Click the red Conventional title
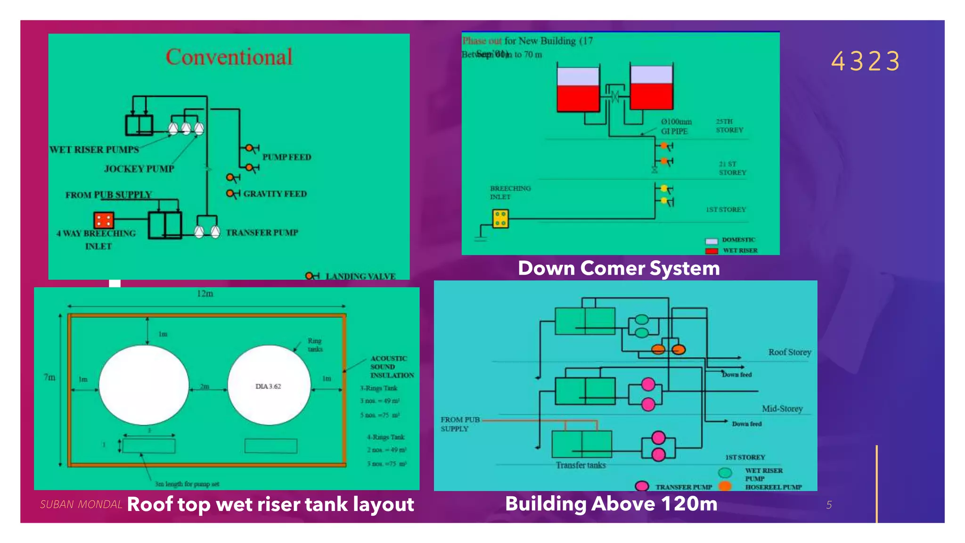(229, 57)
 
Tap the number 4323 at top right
(866, 62)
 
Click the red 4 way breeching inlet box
(104, 220)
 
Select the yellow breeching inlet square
(500, 219)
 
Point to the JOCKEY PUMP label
(139, 169)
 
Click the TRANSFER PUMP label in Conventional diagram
(262, 232)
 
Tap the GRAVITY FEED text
(275, 194)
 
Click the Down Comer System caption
(619, 268)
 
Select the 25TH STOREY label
(729, 125)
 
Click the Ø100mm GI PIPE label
(676, 126)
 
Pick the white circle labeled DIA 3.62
(269, 385)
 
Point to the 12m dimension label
(205, 294)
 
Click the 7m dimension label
(49, 377)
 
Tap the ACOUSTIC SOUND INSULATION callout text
(392, 367)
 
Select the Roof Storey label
(790, 352)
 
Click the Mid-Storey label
(782, 409)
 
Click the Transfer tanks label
(581, 465)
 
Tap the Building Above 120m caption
(611, 504)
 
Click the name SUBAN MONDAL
(81, 504)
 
